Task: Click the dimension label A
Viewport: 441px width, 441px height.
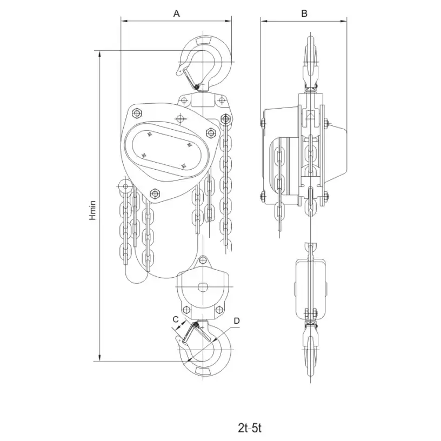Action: click(x=176, y=13)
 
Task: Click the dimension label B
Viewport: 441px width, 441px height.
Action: click(x=304, y=13)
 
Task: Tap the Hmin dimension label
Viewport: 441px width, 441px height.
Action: click(x=92, y=210)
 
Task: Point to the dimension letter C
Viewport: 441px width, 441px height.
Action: click(x=176, y=319)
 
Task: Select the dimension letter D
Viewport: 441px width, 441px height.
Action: click(x=237, y=320)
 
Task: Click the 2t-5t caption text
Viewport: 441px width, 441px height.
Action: click(x=250, y=428)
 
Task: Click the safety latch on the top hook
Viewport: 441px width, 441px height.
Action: click(x=190, y=77)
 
